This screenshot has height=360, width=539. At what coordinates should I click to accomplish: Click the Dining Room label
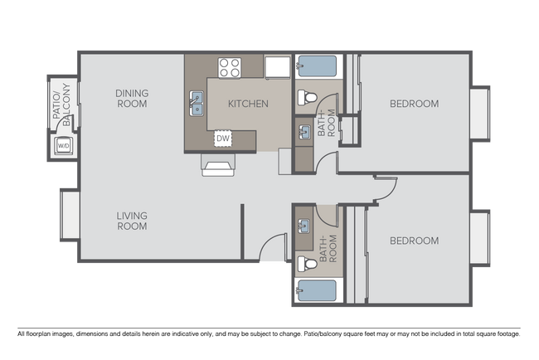click(x=132, y=99)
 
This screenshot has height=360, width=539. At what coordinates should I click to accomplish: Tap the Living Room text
click(x=132, y=221)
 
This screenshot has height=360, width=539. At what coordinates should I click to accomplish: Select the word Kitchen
click(x=248, y=104)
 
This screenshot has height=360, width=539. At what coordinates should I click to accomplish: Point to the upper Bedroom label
click(x=414, y=104)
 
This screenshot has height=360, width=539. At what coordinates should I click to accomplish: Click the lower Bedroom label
click(x=414, y=241)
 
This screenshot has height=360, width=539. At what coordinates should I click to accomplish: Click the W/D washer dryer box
click(x=62, y=148)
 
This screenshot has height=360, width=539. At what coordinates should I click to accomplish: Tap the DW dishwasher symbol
click(x=223, y=138)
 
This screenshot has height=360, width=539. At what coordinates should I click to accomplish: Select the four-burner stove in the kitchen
click(x=230, y=67)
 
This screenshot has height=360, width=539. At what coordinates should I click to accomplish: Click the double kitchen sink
click(x=197, y=104)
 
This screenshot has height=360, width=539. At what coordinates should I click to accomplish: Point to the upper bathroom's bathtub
click(x=317, y=67)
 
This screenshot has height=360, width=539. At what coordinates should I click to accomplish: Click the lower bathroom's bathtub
click(x=317, y=291)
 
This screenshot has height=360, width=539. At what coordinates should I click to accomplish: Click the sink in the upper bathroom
click(x=303, y=130)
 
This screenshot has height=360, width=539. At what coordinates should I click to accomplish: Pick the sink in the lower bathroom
click(x=303, y=226)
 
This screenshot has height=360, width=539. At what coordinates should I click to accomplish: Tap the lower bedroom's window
click(x=480, y=237)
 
